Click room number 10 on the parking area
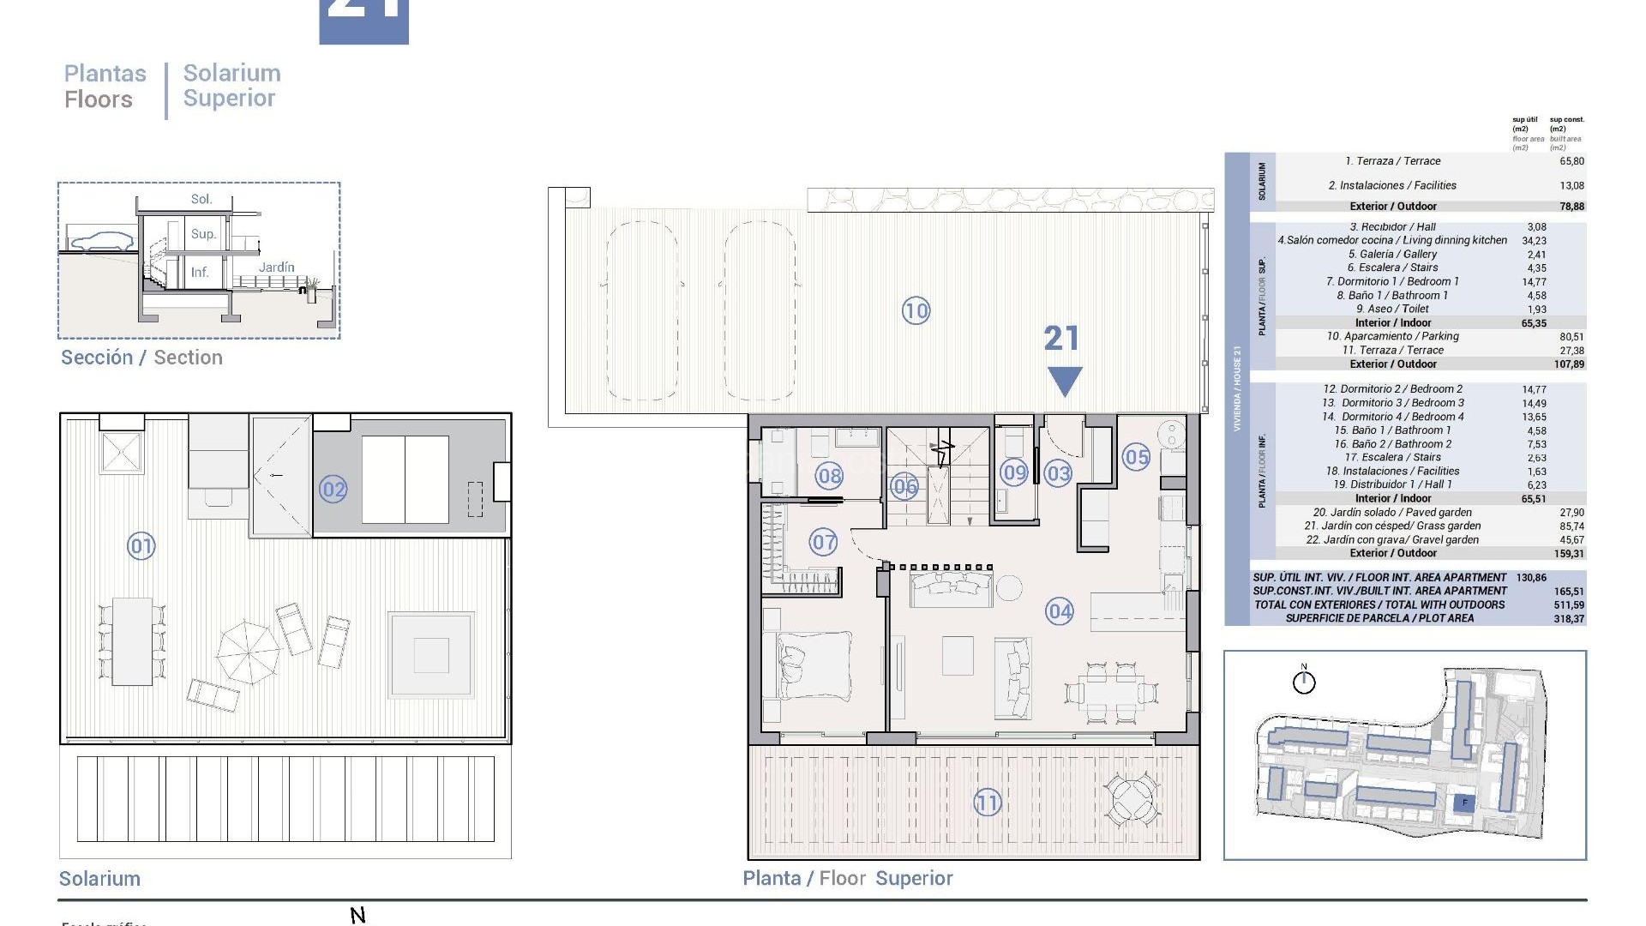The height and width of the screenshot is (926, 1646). point(916,310)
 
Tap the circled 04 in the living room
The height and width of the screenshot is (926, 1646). point(1060,611)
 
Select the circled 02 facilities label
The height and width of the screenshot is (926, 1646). point(333,490)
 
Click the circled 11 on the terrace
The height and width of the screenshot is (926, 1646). point(987,803)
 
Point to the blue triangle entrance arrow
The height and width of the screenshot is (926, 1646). point(1065,381)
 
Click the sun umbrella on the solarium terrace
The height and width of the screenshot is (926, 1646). point(249,652)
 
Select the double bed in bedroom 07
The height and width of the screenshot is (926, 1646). point(814,664)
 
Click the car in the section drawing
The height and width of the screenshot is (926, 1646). point(101,241)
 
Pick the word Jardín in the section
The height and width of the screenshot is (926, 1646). point(276,268)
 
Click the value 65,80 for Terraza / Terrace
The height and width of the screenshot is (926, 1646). point(1571,161)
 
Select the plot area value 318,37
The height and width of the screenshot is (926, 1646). point(1568,618)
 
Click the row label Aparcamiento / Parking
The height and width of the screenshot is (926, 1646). point(1392,336)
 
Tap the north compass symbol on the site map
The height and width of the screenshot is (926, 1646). point(1304,682)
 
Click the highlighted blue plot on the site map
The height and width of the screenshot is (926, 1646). point(1464,803)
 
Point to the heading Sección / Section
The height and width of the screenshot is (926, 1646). point(141,358)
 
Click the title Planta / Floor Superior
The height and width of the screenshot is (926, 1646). point(847,878)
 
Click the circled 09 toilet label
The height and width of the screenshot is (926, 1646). point(1014,472)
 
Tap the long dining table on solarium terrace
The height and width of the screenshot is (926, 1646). point(132,640)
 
